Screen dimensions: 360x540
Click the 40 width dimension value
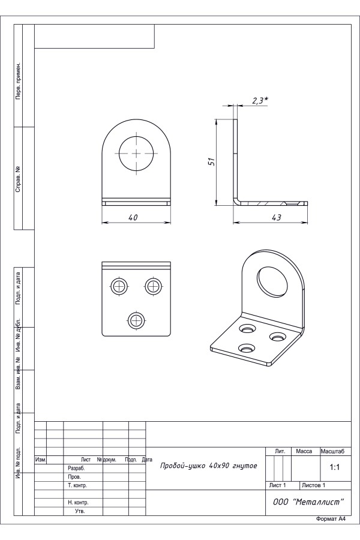133,218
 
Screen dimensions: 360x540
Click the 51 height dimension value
212,161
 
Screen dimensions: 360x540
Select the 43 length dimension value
276,218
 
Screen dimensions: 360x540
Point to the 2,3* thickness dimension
260,101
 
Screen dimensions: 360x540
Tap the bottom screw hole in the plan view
136,320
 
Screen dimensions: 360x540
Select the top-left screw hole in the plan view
119,286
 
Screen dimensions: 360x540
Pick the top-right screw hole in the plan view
154,286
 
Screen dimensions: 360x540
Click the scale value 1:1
335,467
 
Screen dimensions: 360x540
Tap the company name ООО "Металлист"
308,502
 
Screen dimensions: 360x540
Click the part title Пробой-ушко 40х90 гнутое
208,466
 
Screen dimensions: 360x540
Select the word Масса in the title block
304,451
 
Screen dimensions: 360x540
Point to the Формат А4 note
331,529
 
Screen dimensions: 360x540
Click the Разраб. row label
76,469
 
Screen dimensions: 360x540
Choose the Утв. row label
80,511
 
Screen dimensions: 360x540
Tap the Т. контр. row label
77,485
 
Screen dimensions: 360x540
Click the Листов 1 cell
313,485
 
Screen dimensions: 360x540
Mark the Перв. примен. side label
18,81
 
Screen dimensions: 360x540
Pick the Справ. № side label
18,179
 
